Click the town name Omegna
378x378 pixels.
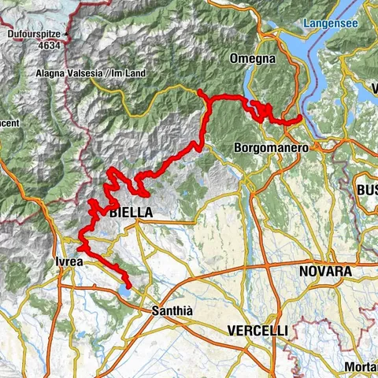point(252,59)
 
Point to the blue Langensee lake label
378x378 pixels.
point(331,24)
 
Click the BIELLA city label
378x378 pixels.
point(131,212)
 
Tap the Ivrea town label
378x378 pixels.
point(69,262)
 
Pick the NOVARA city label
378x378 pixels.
point(324,272)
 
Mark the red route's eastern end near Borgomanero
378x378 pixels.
point(301,118)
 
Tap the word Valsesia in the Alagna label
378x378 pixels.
point(88,73)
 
